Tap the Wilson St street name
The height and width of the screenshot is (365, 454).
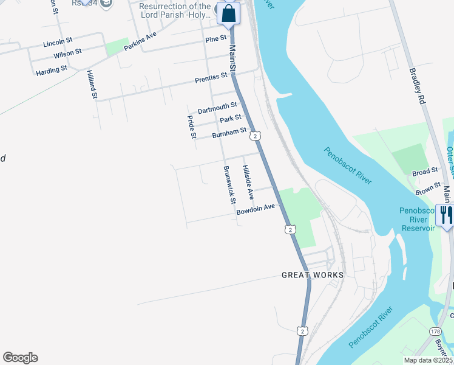click(x=67, y=54)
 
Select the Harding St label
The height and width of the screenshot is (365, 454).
click(x=51, y=71)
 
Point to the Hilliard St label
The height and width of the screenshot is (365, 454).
click(x=92, y=83)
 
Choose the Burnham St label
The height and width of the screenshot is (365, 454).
click(x=229, y=132)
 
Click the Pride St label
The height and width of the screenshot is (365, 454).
click(x=192, y=127)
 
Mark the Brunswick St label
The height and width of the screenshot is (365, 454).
click(x=229, y=185)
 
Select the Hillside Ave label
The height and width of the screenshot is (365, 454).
click(x=248, y=182)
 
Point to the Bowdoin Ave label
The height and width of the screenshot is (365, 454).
click(x=256, y=210)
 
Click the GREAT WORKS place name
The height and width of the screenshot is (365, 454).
click(x=313, y=275)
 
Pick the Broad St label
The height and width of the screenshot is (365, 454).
click(x=425, y=172)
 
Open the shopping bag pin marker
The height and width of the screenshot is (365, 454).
click(x=228, y=13)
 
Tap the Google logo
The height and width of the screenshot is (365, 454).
click(x=20, y=358)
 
